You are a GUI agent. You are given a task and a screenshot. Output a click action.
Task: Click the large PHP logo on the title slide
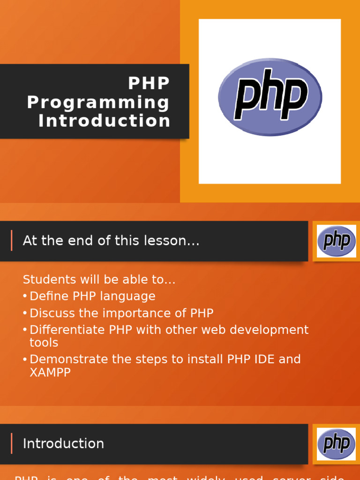(270, 97)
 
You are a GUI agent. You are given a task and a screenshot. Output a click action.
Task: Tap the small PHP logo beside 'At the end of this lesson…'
(336, 241)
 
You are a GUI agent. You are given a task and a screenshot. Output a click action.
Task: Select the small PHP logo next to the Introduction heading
(336, 443)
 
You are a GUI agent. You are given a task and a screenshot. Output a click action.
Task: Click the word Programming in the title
(98, 102)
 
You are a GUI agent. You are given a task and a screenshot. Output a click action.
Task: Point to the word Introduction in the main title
(104, 121)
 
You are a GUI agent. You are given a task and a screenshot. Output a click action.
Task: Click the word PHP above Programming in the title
(149, 83)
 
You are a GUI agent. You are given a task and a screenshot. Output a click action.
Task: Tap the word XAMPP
(50, 373)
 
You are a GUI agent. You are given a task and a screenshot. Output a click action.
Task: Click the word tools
(44, 343)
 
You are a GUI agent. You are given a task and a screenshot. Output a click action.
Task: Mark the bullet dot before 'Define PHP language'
(25, 296)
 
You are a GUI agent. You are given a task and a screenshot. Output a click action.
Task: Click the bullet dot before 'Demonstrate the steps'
(25, 360)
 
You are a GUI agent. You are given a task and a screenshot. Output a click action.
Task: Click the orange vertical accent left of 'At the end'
(12, 240)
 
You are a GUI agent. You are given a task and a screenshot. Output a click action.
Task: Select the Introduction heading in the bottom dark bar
(63, 443)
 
